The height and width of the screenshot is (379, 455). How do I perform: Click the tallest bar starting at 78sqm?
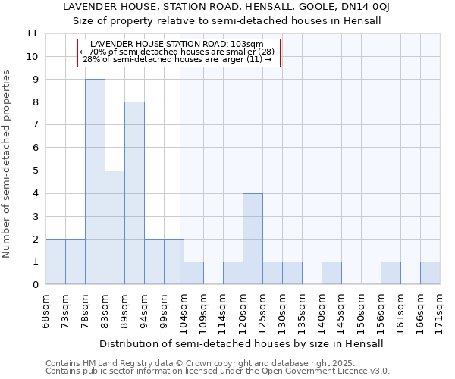coord(95,182)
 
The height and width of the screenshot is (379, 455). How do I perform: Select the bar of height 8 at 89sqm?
coord(134,193)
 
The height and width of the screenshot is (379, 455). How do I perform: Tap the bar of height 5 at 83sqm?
coord(115,227)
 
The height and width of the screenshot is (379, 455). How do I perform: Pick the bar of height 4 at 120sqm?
coord(253,239)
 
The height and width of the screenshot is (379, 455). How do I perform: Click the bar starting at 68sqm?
coord(55,262)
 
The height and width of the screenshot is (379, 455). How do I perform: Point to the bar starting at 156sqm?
coord(391,273)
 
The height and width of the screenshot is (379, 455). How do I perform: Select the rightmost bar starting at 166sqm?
coord(430,273)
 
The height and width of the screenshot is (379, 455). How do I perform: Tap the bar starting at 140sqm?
coord(331,273)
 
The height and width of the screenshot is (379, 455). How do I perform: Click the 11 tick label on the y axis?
coord(32,33)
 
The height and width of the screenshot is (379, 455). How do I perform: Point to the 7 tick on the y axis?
coord(35,125)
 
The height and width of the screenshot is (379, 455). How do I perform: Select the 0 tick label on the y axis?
coord(35,285)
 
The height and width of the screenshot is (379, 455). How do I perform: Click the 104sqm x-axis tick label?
coord(184,309)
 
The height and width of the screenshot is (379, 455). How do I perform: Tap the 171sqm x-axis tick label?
coord(441,309)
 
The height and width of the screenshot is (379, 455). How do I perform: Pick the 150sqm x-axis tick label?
coord(362,309)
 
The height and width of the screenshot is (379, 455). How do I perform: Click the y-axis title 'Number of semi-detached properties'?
coord(7,164)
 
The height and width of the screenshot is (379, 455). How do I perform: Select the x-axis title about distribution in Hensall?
coord(241,343)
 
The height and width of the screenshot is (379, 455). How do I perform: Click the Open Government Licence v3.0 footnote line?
coord(218,371)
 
